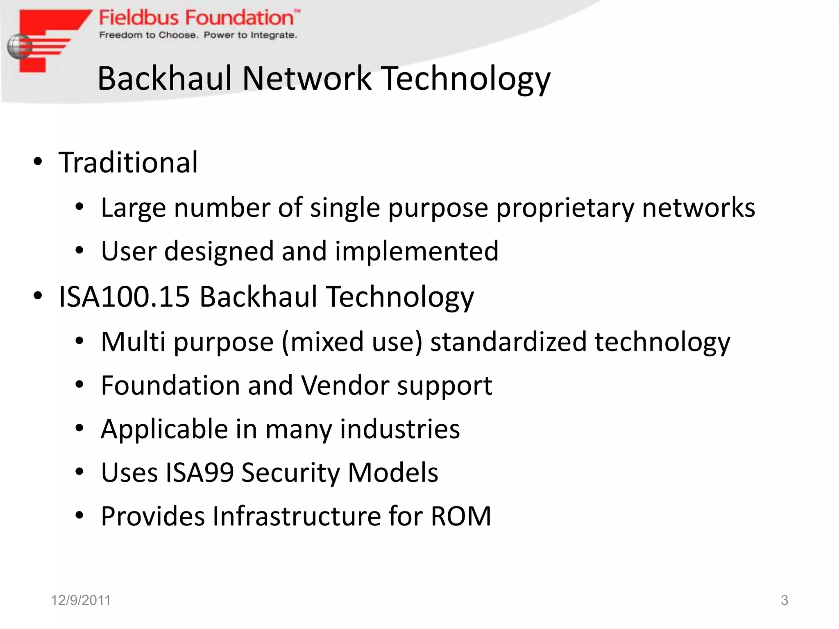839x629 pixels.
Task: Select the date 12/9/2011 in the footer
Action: point(81,600)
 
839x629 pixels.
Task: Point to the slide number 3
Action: point(784,600)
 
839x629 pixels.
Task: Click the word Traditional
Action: point(128,163)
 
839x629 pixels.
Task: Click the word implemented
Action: point(417,251)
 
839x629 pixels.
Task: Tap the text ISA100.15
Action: point(125,296)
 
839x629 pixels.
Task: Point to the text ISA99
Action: point(200,473)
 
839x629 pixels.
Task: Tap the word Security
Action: point(290,473)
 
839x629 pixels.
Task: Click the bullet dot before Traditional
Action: point(38,162)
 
